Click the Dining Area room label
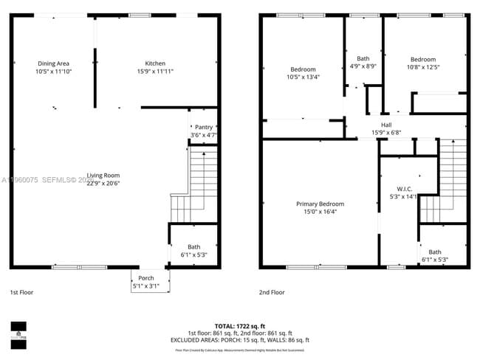(52, 63)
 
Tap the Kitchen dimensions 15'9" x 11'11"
(155, 72)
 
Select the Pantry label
(203, 127)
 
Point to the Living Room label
(103, 175)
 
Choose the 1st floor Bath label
(193, 247)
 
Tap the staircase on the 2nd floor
(448, 184)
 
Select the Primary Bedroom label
(320, 204)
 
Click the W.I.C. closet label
(403, 188)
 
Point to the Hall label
(386, 125)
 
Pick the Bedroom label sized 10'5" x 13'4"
(302, 69)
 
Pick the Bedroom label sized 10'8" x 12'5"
(423, 60)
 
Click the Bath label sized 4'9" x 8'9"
(363, 58)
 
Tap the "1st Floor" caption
(22, 292)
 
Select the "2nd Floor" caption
(272, 292)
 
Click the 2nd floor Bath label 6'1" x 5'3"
(434, 252)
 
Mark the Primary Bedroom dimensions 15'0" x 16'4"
(320, 212)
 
